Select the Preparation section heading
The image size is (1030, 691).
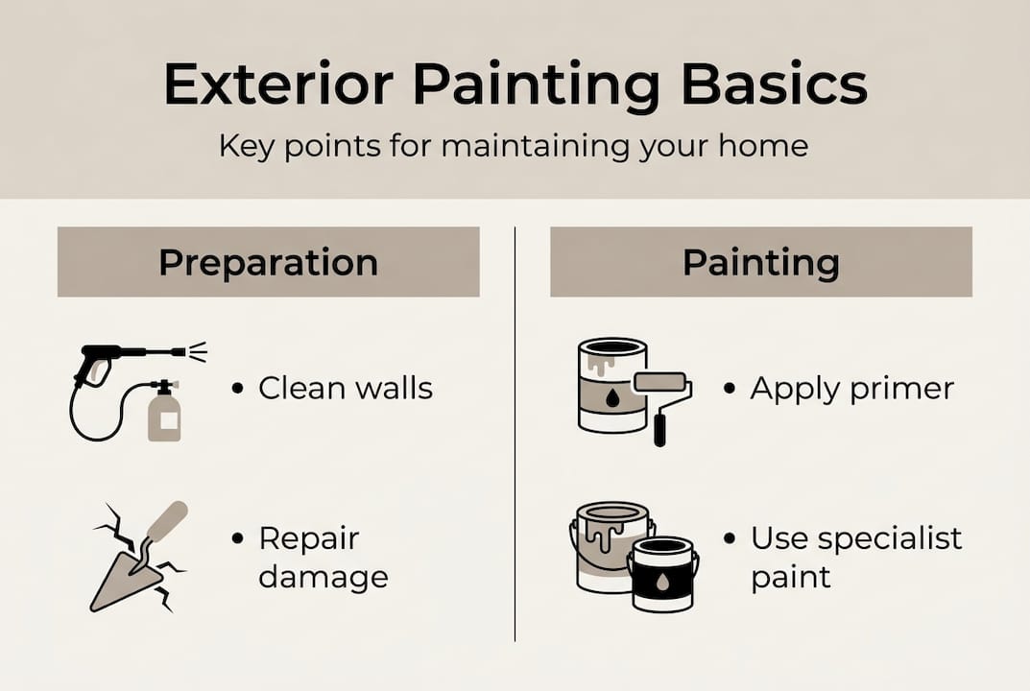coord(268,262)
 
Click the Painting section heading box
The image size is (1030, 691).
coord(760,262)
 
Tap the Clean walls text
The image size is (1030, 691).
coord(346,389)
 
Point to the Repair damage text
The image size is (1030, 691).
coord(323,559)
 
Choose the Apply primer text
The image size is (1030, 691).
coord(851,389)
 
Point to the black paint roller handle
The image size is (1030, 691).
coord(659,428)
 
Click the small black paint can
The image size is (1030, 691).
coord(661,573)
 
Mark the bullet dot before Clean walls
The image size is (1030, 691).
coord(237,389)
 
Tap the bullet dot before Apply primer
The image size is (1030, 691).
coord(730,389)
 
